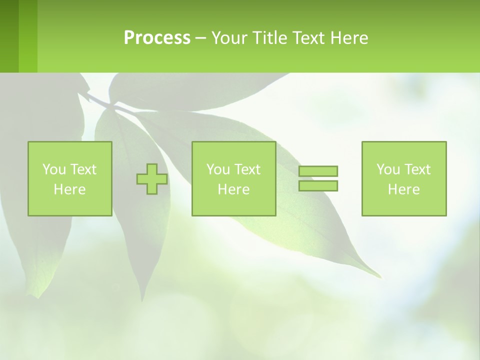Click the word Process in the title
click(x=157, y=38)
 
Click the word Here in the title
click(x=349, y=38)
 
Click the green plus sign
click(x=152, y=179)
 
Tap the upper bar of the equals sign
click(x=318, y=171)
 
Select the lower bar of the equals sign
click(x=318, y=186)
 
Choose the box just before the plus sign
click(x=70, y=179)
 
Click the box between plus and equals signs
click(x=233, y=179)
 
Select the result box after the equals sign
click(x=404, y=179)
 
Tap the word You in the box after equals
click(x=388, y=169)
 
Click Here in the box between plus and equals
click(x=233, y=189)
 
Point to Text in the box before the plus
click(x=83, y=169)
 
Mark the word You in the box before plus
click(x=54, y=169)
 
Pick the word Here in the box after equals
click(x=404, y=189)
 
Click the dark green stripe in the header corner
click(x=9, y=36)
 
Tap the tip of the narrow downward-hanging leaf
click(x=143, y=300)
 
